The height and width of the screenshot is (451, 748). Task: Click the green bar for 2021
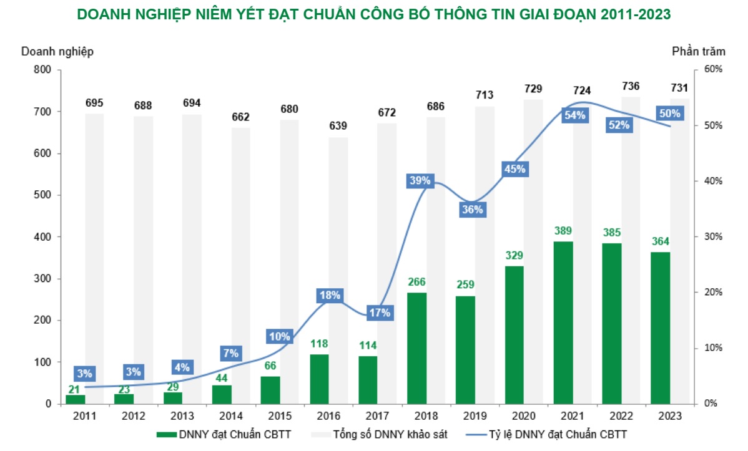[x=563, y=322]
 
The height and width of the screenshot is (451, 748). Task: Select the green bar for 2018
[x=416, y=348]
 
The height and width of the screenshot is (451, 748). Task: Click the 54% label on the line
[x=574, y=115]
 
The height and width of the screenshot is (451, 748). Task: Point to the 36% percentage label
[x=472, y=210]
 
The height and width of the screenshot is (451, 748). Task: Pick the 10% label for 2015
[x=280, y=337]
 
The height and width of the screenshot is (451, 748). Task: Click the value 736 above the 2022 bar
[x=631, y=86]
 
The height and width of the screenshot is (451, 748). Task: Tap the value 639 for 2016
[x=338, y=126]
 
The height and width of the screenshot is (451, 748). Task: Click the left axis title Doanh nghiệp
[x=57, y=52]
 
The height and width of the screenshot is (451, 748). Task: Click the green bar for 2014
[x=222, y=394]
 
